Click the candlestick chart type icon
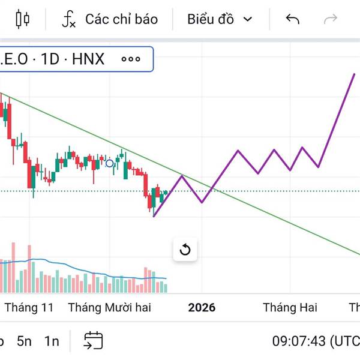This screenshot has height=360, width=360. (x=23, y=19)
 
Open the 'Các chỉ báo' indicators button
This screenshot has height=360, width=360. (x=110, y=19)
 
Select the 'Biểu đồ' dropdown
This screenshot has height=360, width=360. (x=220, y=19)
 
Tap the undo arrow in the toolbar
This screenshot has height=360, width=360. (x=292, y=19)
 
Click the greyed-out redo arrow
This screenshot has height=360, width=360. (x=331, y=19)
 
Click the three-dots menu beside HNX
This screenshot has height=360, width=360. (x=130, y=59)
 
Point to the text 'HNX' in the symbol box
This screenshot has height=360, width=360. (x=88, y=59)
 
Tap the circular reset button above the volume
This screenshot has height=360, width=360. (x=185, y=250)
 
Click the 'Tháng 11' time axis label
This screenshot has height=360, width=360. (x=29, y=308)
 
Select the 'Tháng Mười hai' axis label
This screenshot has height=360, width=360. (x=110, y=308)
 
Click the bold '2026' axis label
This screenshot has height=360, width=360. (x=202, y=308)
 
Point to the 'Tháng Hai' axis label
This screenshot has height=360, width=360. (x=290, y=308)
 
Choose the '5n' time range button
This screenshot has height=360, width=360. (x=24, y=341)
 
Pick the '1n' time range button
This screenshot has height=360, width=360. (x=52, y=341)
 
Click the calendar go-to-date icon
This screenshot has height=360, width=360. (x=93, y=341)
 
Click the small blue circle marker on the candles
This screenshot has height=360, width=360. (x=109, y=163)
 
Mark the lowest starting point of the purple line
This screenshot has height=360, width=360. (x=154, y=216)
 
